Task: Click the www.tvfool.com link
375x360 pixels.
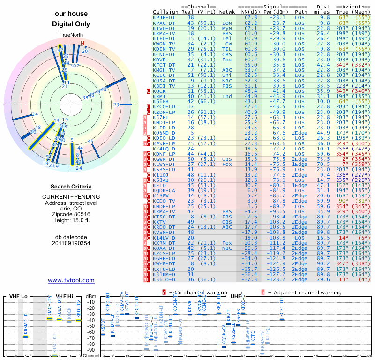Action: click(x=71, y=280)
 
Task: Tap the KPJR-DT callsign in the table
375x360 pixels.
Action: click(x=164, y=17)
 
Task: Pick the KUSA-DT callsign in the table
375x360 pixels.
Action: click(x=164, y=81)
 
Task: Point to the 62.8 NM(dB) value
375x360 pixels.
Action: click(x=251, y=17)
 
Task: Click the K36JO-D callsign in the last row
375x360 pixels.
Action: click(x=164, y=280)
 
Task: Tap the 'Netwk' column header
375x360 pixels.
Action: click(x=227, y=12)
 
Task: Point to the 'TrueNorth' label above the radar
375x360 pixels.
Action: click(x=70, y=36)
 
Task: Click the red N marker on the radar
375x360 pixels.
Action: click(x=83, y=44)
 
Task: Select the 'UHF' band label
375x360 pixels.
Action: click(x=237, y=296)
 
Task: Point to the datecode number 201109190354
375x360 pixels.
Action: click(x=71, y=243)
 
